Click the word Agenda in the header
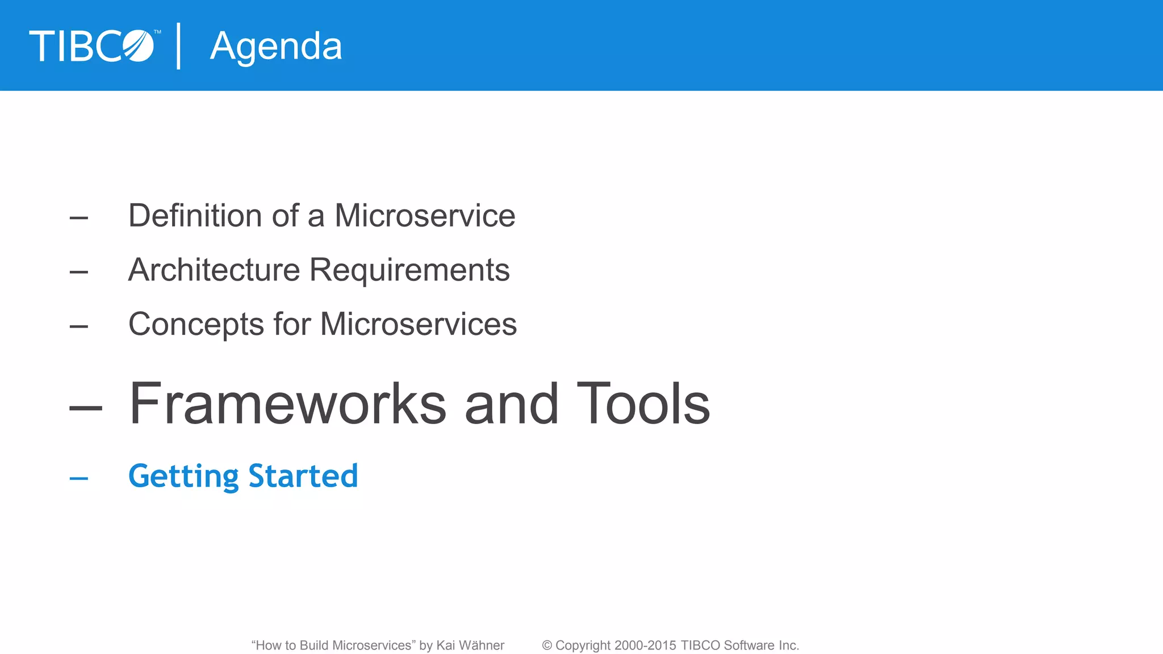pos(276,47)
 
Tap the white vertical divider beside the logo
pos(179,46)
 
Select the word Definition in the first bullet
pos(195,216)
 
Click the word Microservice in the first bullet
pos(425,216)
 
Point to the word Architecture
pos(214,270)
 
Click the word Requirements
pos(409,270)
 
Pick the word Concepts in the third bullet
pos(196,325)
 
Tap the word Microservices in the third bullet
pos(419,324)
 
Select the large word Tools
pos(643,404)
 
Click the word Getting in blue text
pos(183,476)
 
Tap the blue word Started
pos(303,476)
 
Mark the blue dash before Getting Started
pos(79,479)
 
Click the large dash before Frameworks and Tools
pos(86,407)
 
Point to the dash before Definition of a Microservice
pos(79,217)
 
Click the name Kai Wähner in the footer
pos(470,645)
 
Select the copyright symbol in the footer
pos(547,645)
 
